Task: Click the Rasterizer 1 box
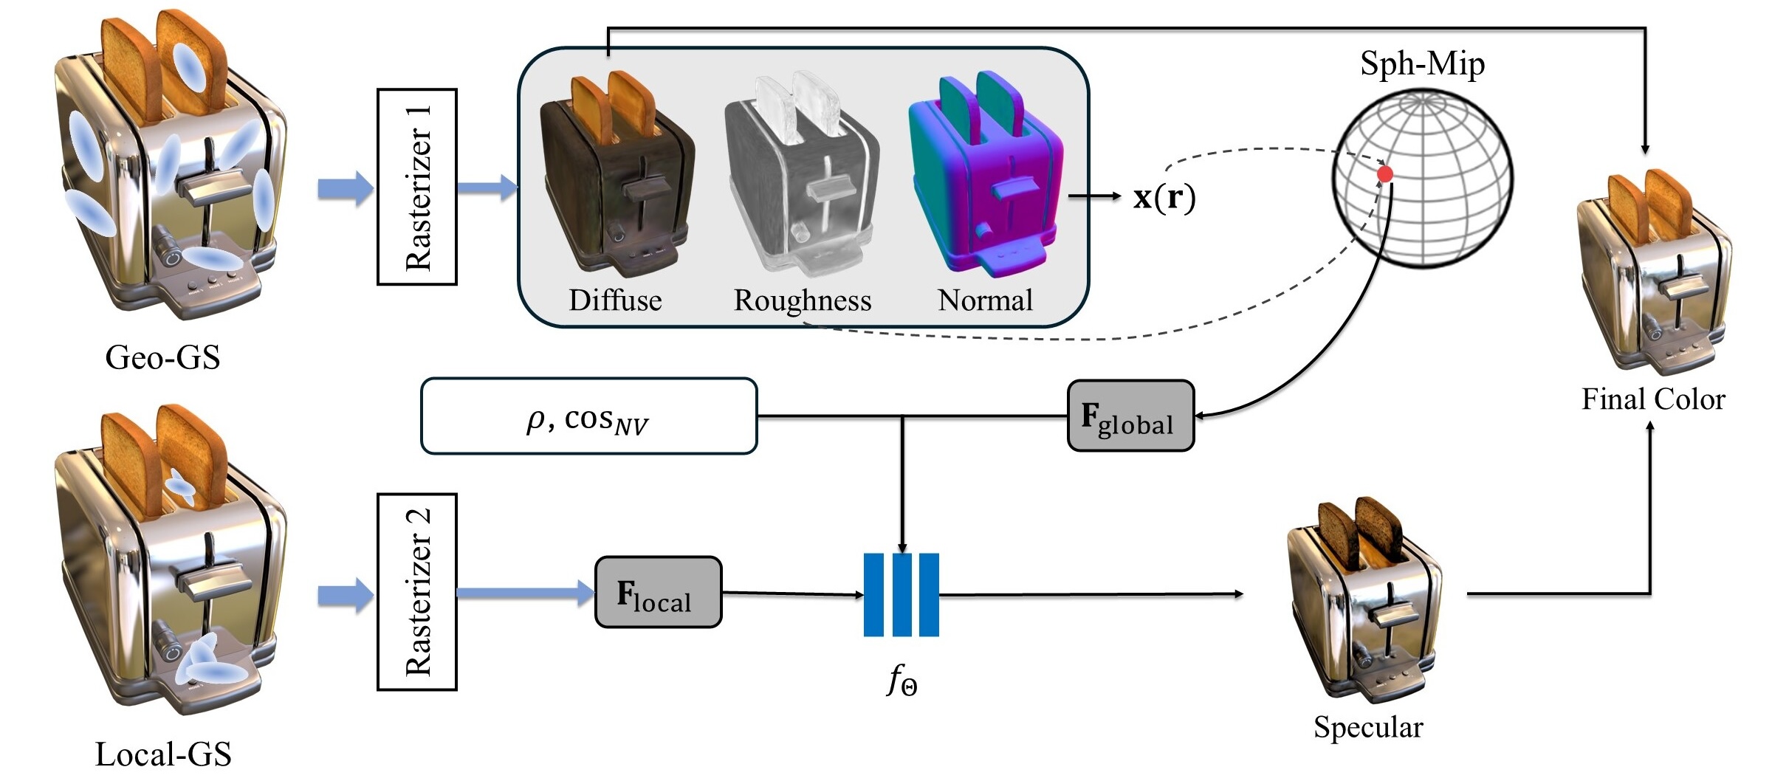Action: tap(417, 187)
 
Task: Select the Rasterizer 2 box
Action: tap(417, 592)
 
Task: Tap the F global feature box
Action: tap(1130, 416)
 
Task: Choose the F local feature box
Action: tap(658, 593)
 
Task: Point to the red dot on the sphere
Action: tap(1385, 174)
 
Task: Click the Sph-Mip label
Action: tap(1422, 63)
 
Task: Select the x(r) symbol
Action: tap(1164, 197)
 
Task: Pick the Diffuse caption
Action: tap(615, 300)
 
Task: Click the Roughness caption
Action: tap(803, 300)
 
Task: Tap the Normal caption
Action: tap(985, 300)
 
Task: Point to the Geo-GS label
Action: tap(162, 357)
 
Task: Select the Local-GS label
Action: tap(163, 754)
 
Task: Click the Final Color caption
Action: tap(1653, 399)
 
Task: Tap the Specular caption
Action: tap(1368, 727)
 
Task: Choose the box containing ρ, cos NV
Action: tap(588, 416)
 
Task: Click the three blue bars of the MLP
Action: tap(902, 594)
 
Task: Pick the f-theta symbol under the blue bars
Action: tap(902, 680)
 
